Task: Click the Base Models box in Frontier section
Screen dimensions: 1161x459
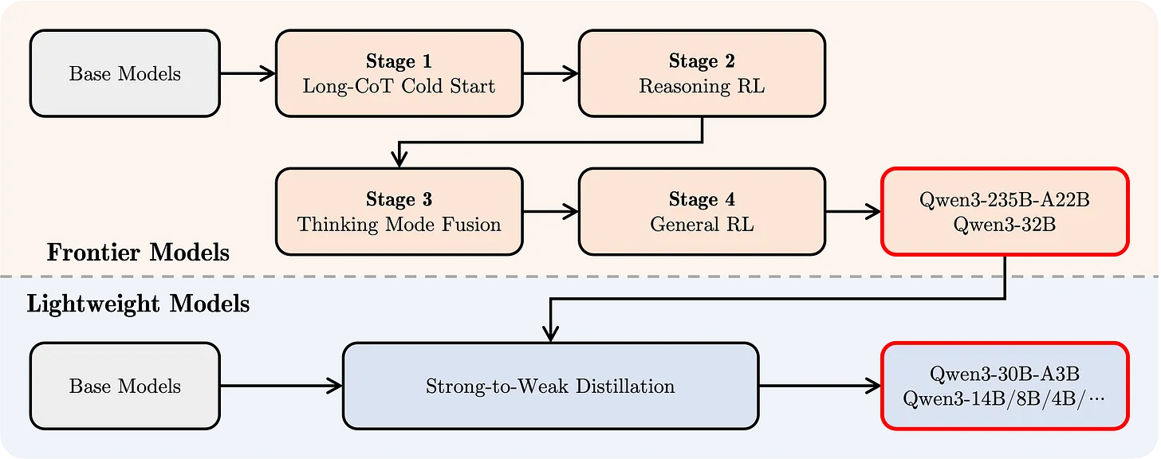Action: click(x=125, y=73)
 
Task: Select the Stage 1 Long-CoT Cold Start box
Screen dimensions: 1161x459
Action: click(x=399, y=73)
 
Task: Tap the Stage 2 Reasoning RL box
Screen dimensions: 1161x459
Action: click(x=702, y=73)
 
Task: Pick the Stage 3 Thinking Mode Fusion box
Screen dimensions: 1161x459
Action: click(x=399, y=212)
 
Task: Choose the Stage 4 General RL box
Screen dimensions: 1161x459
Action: click(x=702, y=212)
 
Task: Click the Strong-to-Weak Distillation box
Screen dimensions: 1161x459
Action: click(x=550, y=386)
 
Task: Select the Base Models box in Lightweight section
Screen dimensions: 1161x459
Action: click(x=125, y=386)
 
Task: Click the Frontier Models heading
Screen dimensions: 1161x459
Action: click(x=138, y=253)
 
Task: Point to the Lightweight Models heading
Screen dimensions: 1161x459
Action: click(x=138, y=304)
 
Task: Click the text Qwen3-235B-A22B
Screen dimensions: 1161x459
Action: click(x=1005, y=199)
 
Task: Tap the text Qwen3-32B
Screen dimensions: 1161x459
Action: click(x=1005, y=224)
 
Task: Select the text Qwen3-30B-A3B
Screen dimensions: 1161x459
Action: click(x=1005, y=374)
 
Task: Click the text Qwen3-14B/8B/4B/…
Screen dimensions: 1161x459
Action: click(x=1005, y=399)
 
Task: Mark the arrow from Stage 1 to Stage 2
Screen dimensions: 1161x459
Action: click(x=550, y=73)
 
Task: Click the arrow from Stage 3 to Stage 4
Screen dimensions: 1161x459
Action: click(x=550, y=212)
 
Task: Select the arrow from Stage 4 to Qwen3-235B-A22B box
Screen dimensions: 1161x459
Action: click(x=854, y=212)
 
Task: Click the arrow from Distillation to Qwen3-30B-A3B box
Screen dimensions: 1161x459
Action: click(x=821, y=386)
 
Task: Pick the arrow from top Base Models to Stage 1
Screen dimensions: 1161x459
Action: click(x=248, y=73)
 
